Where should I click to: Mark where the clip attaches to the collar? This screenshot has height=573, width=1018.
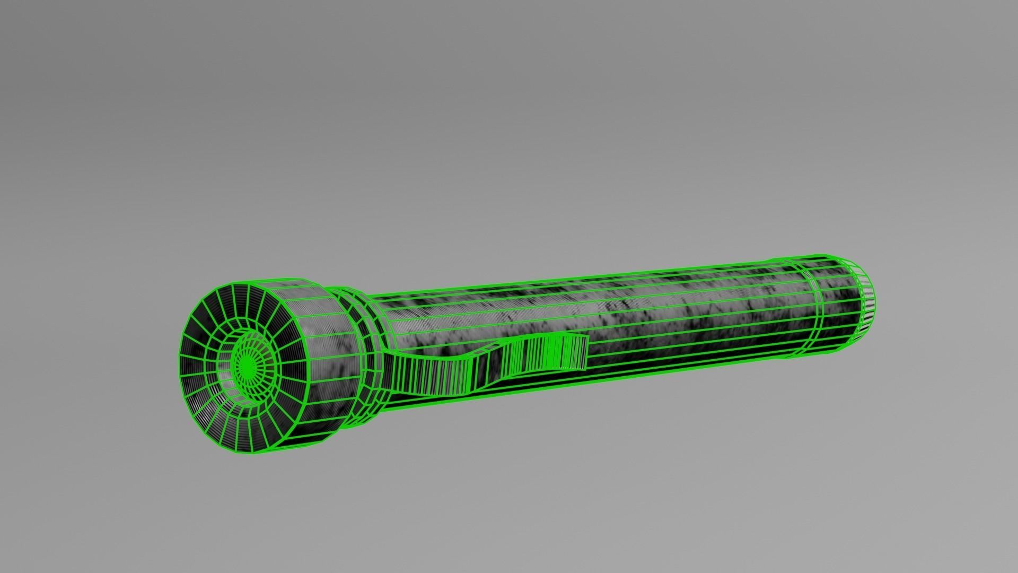[390, 366]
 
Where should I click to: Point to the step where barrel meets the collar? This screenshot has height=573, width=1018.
[379, 318]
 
